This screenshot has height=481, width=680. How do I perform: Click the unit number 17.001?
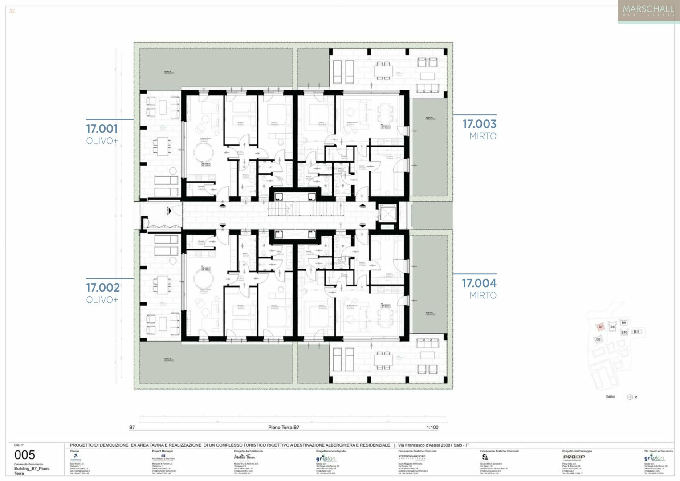pyautogui.click(x=102, y=129)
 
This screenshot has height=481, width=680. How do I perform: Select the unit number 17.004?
pyautogui.click(x=479, y=283)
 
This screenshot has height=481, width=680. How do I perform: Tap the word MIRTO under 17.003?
pyautogui.click(x=483, y=136)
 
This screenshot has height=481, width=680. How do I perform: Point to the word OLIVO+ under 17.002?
pyautogui.click(x=102, y=300)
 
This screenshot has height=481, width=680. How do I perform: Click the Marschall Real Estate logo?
pyautogui.click(x=648, y=11)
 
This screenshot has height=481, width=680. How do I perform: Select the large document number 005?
pyautogui.click(x=24, y=455)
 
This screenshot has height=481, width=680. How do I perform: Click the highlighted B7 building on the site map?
pyautogui.click(x=600, y=327)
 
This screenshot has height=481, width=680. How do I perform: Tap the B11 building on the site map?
pyautogui.click(x=636, y=332)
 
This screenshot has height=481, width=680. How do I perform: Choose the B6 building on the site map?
pyautogui.click(x=598, y=339)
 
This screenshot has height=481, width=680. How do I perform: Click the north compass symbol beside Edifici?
pyautogui.click(x=630, y=397)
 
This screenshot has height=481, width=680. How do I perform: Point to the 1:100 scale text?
pyautogui.click(x=432, y=428)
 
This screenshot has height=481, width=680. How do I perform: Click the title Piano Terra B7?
pyautogui.click(x=283, y=428)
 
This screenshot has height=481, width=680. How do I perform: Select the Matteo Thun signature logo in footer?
pyautogui.click(x=244, y=457)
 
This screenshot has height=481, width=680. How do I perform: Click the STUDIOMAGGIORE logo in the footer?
pyautogui.click(x=411, y=457)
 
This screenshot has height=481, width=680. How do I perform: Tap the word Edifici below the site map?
pyautogui.click(x=610, y=397)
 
